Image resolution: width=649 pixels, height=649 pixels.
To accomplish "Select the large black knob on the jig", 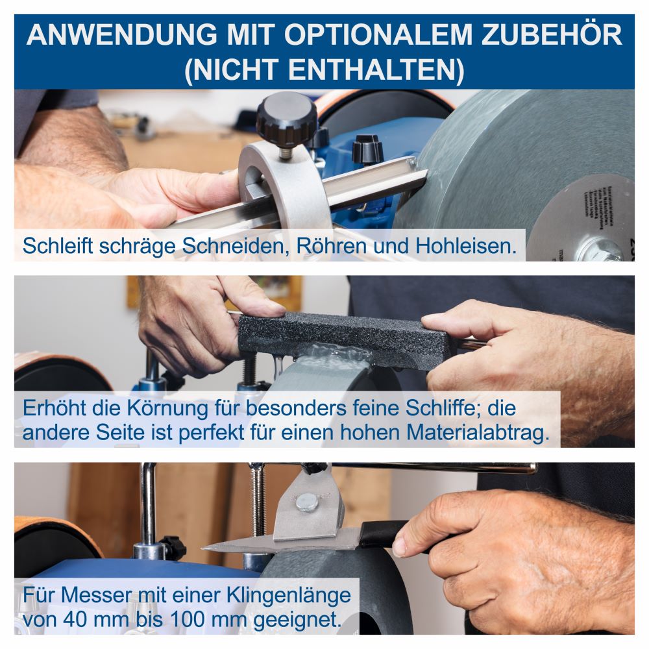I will tap(286, 119).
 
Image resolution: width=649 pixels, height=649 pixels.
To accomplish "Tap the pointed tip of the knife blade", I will tap(206, 548).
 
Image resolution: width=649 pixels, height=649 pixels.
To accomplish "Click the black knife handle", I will tap(383, 533).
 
